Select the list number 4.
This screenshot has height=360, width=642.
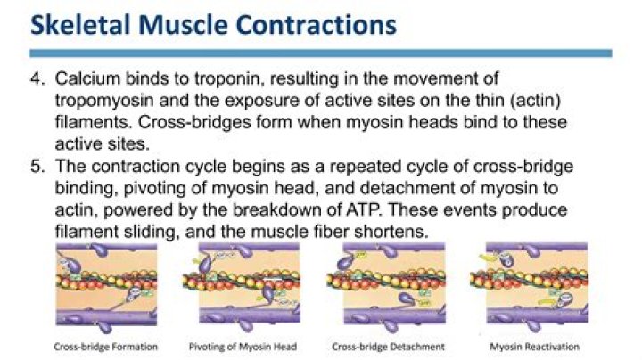[37, 81]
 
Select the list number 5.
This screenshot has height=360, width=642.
[37, 166]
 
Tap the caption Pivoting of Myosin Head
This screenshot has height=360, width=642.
[243, 346]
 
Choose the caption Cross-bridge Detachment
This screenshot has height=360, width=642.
[390, 346]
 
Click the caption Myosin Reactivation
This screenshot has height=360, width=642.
[535, 346]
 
